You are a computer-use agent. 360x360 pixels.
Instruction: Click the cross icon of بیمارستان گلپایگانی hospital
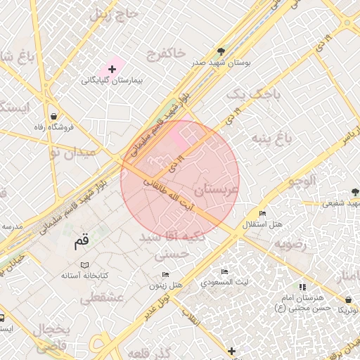point(112,69)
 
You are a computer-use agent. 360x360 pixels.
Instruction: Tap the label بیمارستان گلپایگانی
point(112,82)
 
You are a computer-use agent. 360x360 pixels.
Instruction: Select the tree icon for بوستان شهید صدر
point(221,51)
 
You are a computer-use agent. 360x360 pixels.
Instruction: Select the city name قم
point(82,241)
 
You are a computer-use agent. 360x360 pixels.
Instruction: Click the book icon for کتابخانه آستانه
point(85,264)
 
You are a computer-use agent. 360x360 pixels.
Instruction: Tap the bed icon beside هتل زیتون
point(165,274)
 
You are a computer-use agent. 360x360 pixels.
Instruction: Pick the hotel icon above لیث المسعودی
point(224,271)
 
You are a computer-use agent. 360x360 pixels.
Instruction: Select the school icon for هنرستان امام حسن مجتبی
point(303,287)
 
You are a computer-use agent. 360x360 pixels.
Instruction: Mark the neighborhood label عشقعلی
point(101,299)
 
